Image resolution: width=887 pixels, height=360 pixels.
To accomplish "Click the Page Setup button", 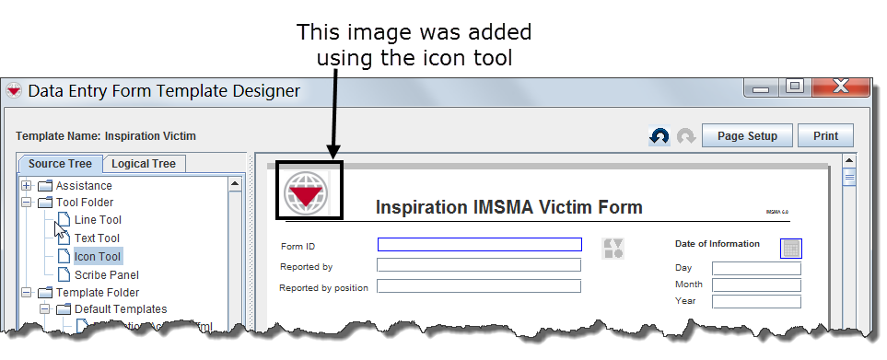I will point(747,136).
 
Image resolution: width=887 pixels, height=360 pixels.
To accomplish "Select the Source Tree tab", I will point(60,164).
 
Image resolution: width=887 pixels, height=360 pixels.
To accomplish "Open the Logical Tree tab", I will point(144,164).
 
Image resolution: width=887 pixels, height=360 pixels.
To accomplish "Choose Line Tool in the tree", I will point(98,220).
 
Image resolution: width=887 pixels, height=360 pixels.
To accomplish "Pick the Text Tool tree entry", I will point(98,238).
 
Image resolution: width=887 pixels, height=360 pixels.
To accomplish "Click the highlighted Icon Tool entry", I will point(98,257).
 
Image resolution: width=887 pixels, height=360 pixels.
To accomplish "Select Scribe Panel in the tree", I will point(106,274).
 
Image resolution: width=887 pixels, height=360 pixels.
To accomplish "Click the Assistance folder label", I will point(84,185).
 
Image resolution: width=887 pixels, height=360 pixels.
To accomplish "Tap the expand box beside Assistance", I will point(27,185).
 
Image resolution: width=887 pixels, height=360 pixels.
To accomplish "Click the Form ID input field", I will point(479,245).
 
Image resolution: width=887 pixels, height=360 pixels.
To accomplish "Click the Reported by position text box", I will point(479,286).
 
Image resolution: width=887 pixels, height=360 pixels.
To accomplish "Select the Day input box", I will point(755,269).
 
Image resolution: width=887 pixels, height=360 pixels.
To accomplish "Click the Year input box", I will point(755,301).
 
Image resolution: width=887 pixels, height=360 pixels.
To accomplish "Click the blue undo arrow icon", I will point(659,136).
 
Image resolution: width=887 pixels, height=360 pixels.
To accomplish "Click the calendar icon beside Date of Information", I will point(790,248).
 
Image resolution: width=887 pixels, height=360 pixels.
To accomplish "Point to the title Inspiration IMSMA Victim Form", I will point(508,208).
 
